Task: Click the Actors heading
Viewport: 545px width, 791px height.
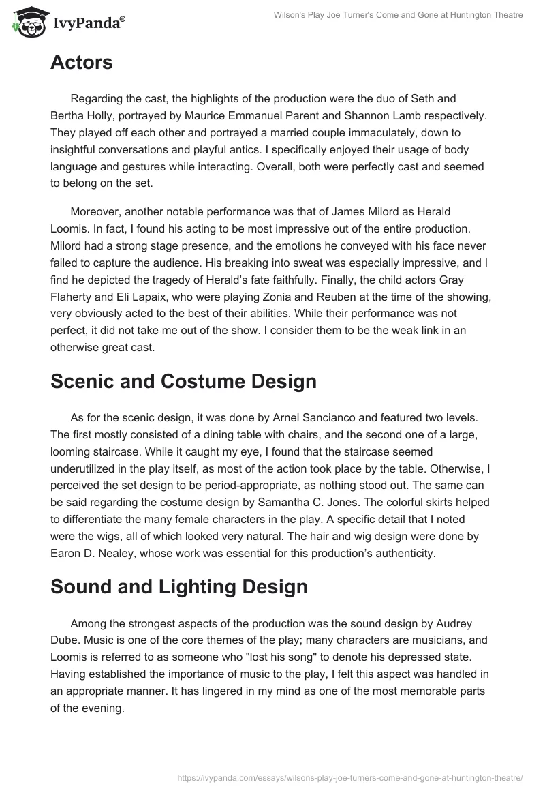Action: pyautogui.click(x=81, y=63)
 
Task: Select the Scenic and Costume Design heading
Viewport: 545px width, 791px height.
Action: pyautogui.click(x=183, y=381)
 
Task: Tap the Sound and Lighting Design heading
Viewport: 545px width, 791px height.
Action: pyautogui.click(x=178, y=586)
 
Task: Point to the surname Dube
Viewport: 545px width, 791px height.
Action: pyautogui.click(x=65, y=640)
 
